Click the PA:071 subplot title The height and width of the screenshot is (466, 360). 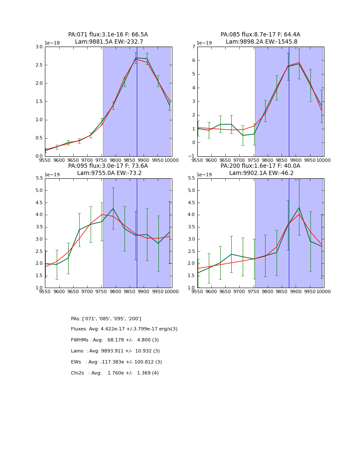point(108,35)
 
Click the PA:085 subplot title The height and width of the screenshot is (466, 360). point(260,35)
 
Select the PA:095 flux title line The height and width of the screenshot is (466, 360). point(108,166)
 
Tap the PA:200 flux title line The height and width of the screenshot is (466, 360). point(260,166)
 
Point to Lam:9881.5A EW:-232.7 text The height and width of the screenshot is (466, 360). point(109,42)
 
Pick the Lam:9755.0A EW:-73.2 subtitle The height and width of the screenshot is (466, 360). point(109,173)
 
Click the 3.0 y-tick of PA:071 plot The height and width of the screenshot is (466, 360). point(39,47)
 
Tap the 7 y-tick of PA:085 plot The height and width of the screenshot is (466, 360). point(193,47)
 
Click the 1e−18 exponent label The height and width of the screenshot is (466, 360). point(53,43)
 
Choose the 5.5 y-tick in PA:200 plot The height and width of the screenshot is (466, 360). point(191,178)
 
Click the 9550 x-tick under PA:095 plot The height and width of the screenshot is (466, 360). point(45,291)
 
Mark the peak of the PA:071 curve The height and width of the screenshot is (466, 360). point(136,58)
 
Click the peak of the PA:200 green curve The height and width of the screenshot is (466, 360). point(299,208)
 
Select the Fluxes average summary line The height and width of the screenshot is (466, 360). point(124,329)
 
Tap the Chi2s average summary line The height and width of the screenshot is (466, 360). point(115,373)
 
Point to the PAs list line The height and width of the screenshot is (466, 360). point(106,319)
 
